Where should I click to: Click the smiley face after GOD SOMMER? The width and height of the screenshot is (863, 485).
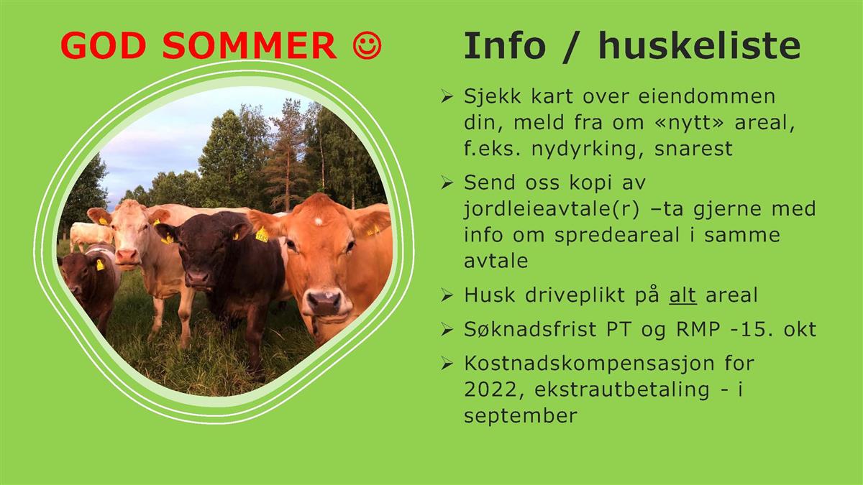367,45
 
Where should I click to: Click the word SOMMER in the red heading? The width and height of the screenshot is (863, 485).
249,45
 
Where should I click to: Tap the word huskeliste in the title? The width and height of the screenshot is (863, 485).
699,45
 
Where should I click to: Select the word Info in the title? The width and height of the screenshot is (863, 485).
505,45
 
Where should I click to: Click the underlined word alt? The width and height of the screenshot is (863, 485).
682,295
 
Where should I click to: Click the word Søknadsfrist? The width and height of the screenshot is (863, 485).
530,329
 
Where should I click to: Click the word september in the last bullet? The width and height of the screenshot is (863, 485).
521,416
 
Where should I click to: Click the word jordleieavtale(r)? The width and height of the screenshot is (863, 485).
552,209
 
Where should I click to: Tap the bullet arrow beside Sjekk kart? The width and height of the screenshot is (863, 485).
447,96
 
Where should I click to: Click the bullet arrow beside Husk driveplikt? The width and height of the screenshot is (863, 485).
447,295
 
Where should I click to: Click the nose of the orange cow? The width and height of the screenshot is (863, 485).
324,301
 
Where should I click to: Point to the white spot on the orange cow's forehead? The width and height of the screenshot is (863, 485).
318,221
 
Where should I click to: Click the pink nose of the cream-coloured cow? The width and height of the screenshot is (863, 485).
127,256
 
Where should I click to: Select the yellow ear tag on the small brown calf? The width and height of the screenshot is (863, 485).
100,265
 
